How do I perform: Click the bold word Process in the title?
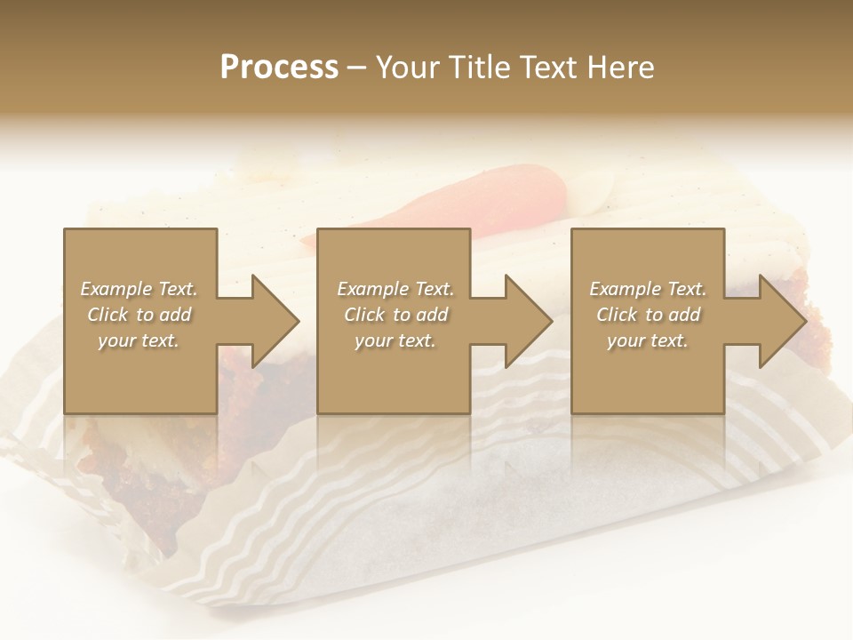click(x=279, y=68)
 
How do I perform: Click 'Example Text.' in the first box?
click(x=139, y=289)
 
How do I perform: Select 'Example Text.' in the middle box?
click(x=395, y=289)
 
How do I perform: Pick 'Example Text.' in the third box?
click(x=648, y=289)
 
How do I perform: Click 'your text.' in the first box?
click(x=139, y=340)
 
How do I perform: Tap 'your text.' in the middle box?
click(x=395, y=340)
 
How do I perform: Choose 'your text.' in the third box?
click(x=648, y=340)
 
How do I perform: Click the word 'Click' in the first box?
click(x=108, y=315)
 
